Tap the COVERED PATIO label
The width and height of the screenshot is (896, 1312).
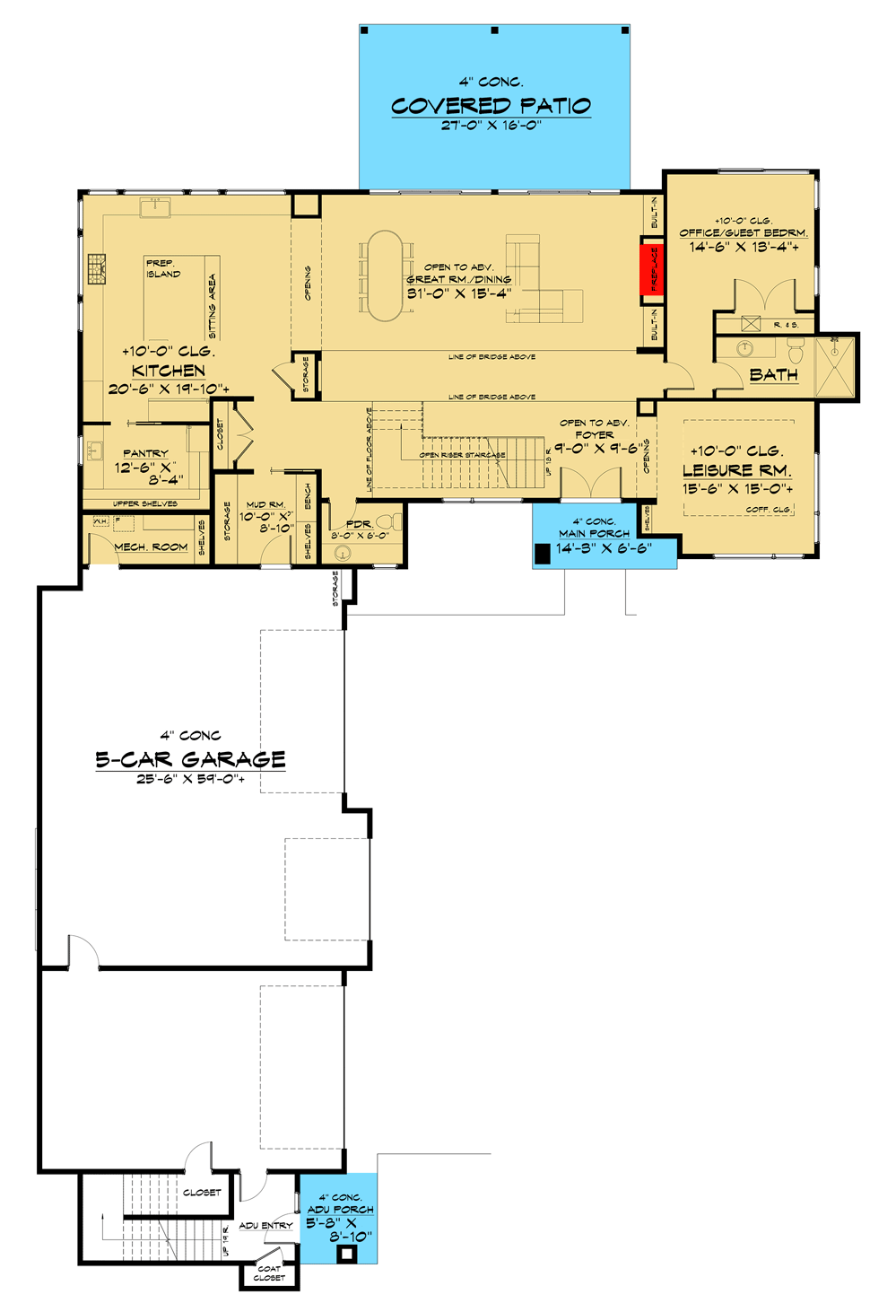491,106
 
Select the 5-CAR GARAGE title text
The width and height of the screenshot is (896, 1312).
190,759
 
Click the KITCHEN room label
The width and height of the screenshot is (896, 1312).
169,371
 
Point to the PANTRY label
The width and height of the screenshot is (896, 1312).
145,453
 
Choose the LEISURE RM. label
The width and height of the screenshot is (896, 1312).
736,470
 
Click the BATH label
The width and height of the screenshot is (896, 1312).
773,375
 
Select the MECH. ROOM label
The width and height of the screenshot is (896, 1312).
151,547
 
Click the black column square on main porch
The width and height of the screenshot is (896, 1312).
542,555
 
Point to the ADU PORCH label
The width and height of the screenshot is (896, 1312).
340,1209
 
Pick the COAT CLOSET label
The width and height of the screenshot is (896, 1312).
269,1273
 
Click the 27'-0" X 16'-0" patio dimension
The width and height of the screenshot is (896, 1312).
491,125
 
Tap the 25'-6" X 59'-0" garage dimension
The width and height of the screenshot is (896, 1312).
190,779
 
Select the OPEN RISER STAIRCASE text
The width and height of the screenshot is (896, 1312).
462,455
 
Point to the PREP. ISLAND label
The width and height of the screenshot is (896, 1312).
162,268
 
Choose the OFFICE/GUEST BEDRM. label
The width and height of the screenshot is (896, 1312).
743,232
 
